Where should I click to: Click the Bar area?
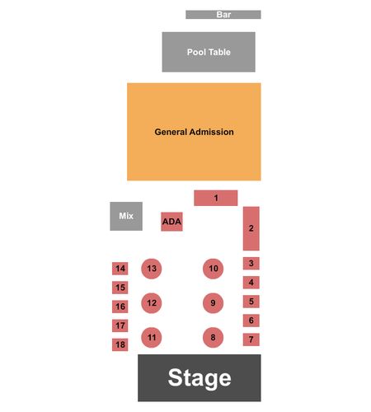(x=223, y=15)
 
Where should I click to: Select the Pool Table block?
(x=209, y=52)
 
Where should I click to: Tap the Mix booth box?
(x=126, y=216)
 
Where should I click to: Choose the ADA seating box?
(x=171, y=222)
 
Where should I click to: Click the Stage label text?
(x=200, y=378)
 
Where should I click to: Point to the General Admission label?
(x=194, y=132)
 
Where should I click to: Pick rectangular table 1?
(x=216, y=198)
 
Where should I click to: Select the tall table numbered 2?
(x=251, y=228)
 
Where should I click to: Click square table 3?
(x=251, y=264)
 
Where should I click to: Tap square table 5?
(x=251, y=302)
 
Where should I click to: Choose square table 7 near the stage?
(x=251, y=339)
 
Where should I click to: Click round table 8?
(x=213, y=338)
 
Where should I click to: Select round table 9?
(x=213, y=303)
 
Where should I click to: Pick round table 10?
(x=213, y=269)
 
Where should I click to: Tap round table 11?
(x=152, y=338)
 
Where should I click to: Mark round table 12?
(x=152, y=303)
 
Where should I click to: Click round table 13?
(x=152, y=269)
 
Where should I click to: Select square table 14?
(x=120, y=269)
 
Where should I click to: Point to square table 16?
(x=120, y=307)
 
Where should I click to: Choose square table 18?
(x=120, y=344)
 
